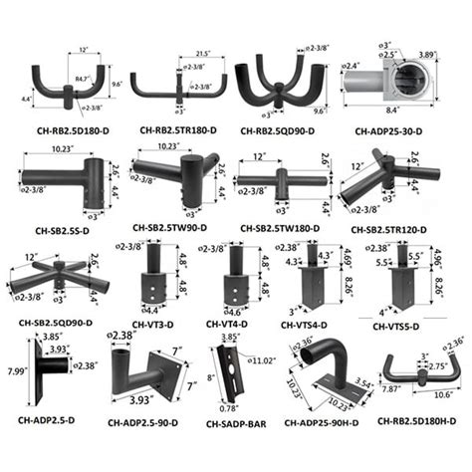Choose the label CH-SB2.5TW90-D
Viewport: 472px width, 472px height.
point(170,228)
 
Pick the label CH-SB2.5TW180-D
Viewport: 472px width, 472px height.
point(284,228)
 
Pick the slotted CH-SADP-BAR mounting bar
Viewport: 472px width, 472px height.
point(232,373)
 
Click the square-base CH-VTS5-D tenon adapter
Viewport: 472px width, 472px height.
point(404,289)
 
